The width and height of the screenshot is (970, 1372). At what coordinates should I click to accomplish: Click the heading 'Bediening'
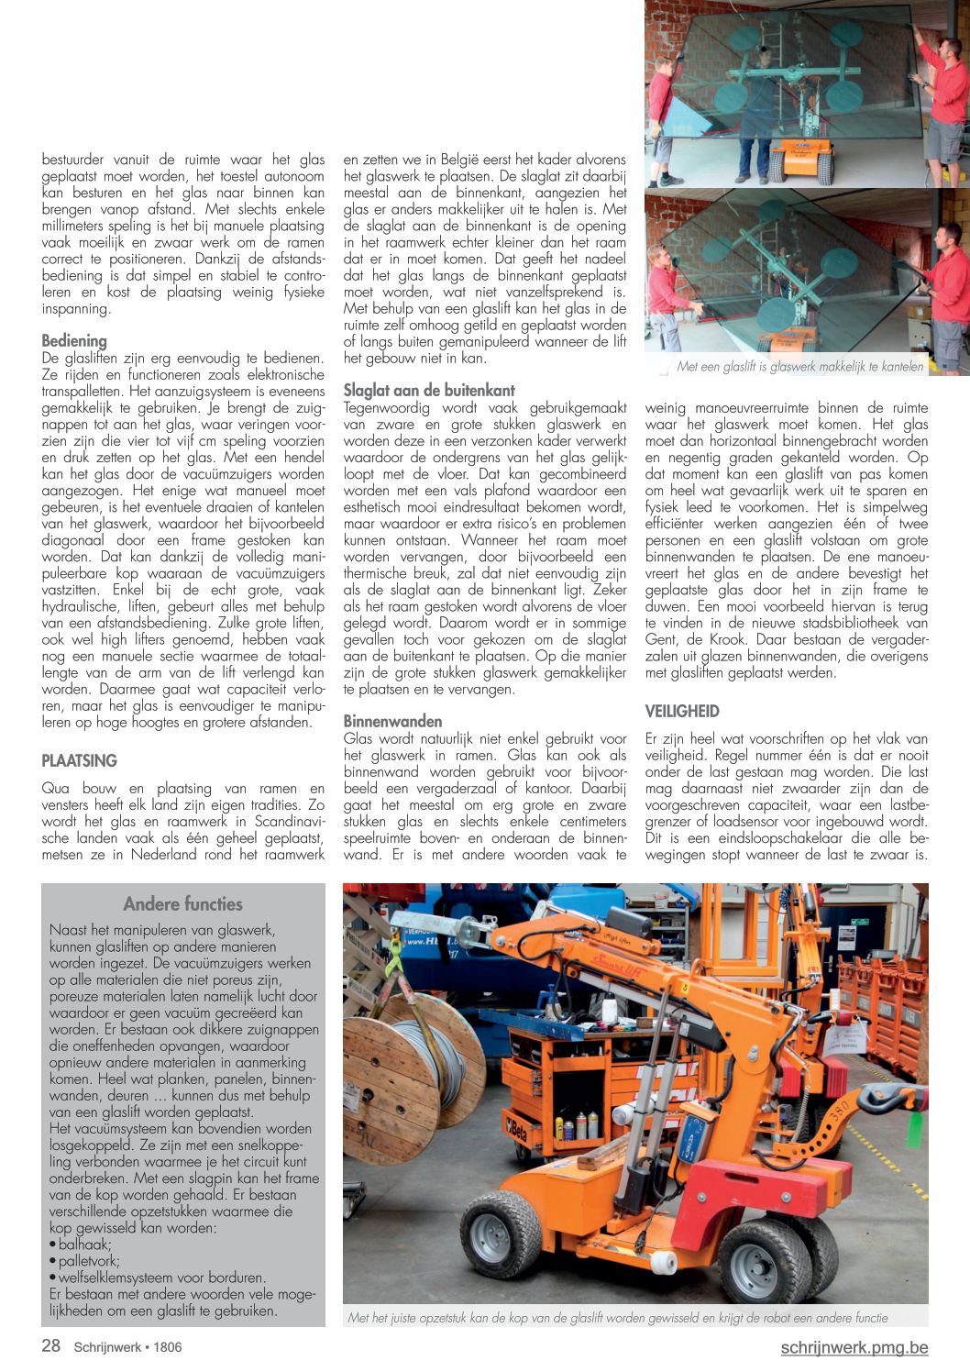click(x=74, y=341)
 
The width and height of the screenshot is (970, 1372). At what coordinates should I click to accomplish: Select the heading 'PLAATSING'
click(x=80, y=760)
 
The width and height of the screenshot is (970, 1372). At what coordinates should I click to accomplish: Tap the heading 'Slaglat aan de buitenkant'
click(x=429, y=390)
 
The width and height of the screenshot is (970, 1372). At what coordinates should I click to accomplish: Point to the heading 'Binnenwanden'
click(x=392, y=721)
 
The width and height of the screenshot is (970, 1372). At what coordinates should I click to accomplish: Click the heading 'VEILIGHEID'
click(x=682, y=711)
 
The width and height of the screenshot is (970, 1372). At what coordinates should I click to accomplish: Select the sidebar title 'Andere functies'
click(x=183, y=904)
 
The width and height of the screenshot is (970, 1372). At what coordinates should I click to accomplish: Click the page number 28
click(x=51, y=1345)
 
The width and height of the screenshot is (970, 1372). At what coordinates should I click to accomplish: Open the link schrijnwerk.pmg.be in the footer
click(x=854, y=1347)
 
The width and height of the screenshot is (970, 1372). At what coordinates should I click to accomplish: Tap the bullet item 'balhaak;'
click(x=84, y=1245)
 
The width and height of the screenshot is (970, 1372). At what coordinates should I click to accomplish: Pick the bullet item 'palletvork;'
click(x=89, y=1261)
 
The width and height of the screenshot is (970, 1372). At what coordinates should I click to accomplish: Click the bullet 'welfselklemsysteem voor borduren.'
click(x=161, y=1278)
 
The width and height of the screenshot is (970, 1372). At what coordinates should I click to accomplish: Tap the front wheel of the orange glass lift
click(x=501, y=1233)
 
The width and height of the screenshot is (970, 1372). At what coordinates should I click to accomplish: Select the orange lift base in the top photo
click(x=801, y=164)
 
